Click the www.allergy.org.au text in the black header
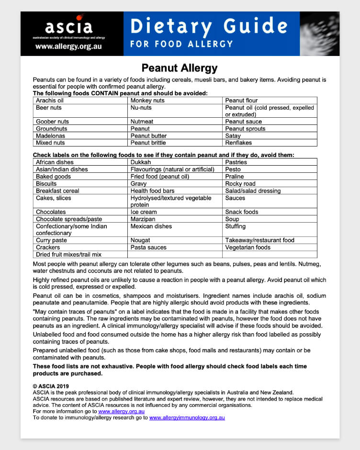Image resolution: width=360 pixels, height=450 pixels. (68, 47)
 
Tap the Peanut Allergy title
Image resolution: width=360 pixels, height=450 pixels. (180, 68)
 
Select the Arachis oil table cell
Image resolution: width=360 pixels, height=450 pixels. (50, 101)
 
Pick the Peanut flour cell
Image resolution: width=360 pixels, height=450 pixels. (241, 101)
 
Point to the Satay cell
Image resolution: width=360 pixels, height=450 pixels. (233, 135)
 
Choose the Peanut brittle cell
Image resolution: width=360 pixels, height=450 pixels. (148, 143)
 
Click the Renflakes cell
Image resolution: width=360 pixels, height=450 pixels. (238, 143)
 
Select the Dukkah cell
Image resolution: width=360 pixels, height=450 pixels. (141, 162)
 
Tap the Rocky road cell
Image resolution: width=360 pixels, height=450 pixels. (240, 183)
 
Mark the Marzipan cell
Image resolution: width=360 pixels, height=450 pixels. (143, 219)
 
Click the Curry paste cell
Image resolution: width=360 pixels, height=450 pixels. (51, 240)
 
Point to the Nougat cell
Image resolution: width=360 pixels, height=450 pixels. (140, 240)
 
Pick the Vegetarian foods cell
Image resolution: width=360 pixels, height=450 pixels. (247, 247)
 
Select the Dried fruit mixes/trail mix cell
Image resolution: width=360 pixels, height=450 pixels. (68, 254)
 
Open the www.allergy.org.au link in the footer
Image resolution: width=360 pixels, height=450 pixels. (121, 411)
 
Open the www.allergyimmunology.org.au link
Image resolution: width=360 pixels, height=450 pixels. (187, 417)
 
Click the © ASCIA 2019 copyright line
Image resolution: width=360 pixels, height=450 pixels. (51, 386)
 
